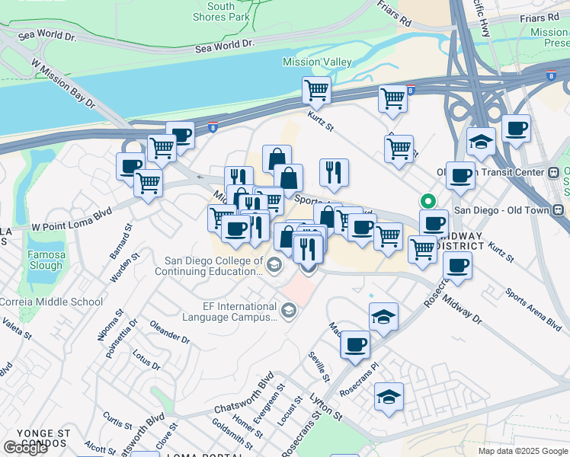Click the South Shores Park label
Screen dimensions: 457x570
(x=221, y=11)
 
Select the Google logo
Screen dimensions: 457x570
(x=26, y=448)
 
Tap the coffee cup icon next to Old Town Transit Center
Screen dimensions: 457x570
(x=460, y=176)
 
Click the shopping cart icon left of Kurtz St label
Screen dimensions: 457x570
(x=316, y=91)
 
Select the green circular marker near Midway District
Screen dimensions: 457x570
(x=428, y=202)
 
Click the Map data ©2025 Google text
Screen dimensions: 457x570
(x=523, y=451)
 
